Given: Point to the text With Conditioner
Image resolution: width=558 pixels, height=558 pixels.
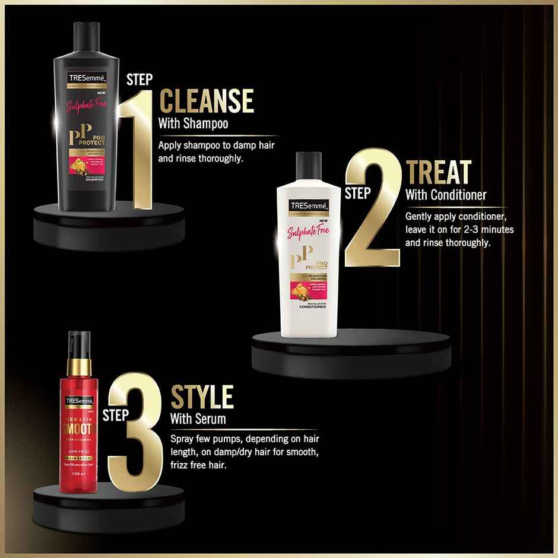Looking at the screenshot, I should click(x=446, y=195).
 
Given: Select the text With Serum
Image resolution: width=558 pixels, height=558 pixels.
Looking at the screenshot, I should click(x=198, y=418).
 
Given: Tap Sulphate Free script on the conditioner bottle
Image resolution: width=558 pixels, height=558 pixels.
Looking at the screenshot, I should click(x=307, y=232).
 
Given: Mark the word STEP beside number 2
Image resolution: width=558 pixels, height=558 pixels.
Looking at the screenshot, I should click(x=358, y=192).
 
